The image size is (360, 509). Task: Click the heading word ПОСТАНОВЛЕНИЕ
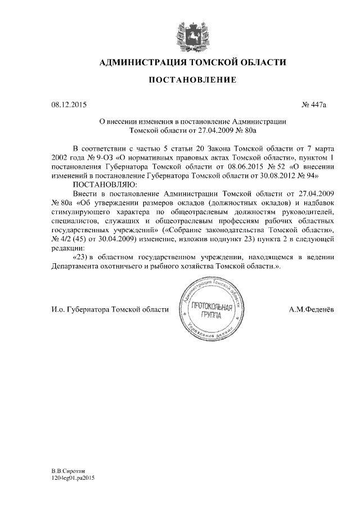click(x=192, y=80)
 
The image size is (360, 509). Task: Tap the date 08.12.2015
click(x=69, y=105)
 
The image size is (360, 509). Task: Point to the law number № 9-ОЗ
click(x=101, y=158)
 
